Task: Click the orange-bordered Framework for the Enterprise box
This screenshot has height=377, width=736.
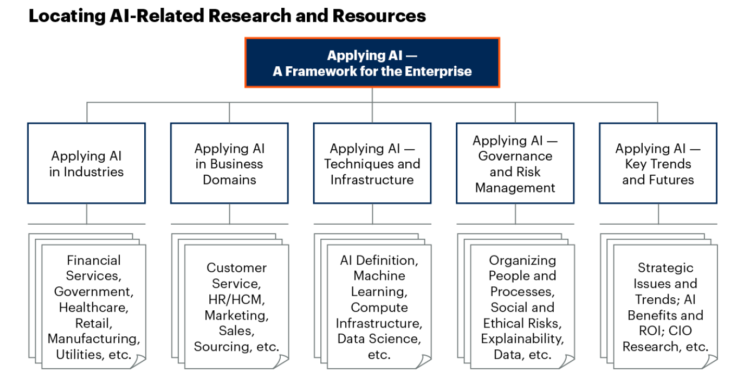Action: click(x=372, y=63)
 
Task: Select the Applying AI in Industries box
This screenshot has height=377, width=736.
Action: click(x=86, y=163)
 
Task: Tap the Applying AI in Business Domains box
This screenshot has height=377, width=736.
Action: click(x=229, y=163)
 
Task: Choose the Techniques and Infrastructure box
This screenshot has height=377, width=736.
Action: click(x=372, y=163)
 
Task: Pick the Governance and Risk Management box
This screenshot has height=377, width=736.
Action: click(x=515, y=163)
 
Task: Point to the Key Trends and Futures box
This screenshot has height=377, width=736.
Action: click(x=658, y=163)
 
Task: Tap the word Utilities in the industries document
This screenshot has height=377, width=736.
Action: click(x=78, y=355)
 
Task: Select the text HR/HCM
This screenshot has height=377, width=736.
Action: click(x=236, y=299)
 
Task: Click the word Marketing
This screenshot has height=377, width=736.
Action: click(x=236, y=315)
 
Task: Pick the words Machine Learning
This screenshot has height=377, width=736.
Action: click(x=379, y=283)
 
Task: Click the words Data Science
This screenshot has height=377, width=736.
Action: click(x=379, y=339)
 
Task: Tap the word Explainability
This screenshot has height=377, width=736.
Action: click(x=522, y=339)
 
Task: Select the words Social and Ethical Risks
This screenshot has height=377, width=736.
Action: click(x=522, y=315)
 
